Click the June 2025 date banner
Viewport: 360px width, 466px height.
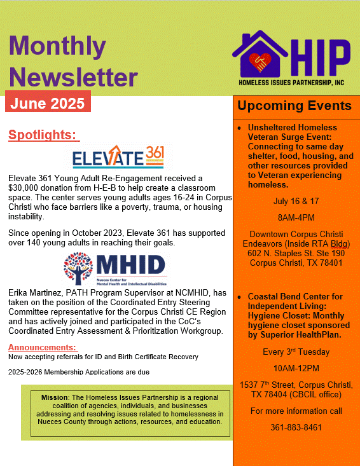tap(48, 102)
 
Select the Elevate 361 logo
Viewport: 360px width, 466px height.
tap(119, 156)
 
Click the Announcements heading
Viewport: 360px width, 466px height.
tap(43, 347)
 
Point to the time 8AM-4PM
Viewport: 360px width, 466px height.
tap(295, 217)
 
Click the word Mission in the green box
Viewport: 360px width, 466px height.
tap(54, 397)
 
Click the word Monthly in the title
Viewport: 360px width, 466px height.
tap(57, 45)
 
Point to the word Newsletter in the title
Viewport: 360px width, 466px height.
tap(73, 77)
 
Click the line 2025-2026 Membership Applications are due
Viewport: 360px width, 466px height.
tap(79, 371)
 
